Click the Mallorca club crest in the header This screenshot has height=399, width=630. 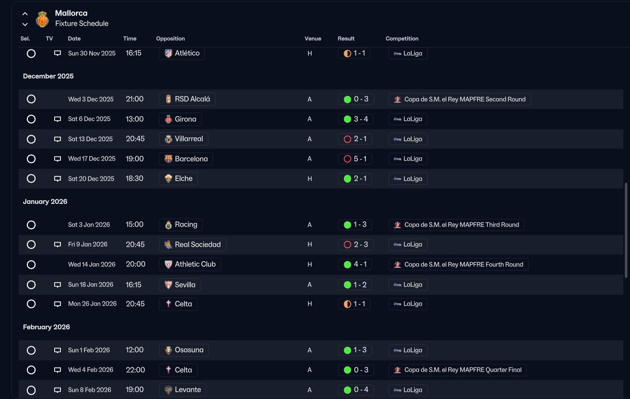42,19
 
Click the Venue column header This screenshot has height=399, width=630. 313,39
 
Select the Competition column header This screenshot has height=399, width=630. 402,39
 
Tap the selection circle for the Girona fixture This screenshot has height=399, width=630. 31,119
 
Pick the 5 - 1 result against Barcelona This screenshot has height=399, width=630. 355,158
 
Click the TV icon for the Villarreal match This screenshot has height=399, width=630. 57,139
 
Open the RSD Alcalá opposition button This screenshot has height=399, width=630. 187,99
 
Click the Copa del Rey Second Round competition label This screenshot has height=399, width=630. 460,99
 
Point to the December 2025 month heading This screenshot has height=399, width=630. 49,76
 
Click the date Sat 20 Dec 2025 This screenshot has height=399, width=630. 91,179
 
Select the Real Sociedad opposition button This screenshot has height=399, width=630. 192,245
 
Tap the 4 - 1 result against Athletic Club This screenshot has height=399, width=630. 355,264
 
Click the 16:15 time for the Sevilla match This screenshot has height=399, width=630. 134,284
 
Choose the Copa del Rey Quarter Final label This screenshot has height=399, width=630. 458,370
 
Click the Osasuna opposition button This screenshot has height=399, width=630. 184,350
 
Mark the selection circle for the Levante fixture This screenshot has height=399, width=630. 31,390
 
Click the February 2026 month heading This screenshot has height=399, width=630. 46,327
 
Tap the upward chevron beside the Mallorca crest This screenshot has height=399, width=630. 25,13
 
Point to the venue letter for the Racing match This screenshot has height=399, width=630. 310,225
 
